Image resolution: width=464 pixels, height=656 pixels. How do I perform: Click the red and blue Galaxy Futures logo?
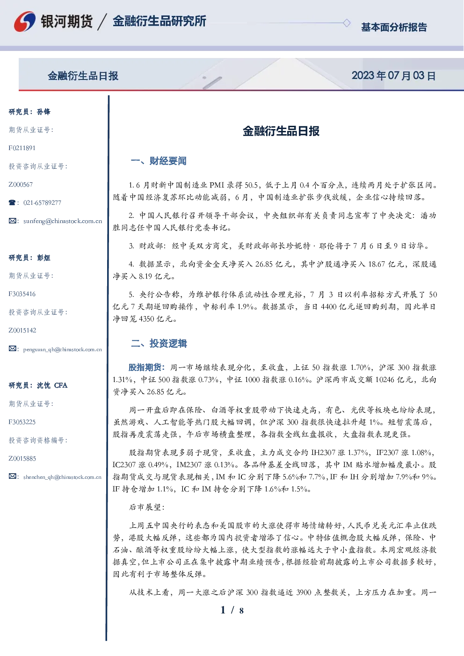(x=25, y=22)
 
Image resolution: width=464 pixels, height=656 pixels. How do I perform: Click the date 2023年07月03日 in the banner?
(x=393, y=76)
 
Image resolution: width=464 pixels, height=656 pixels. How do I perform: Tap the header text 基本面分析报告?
(x=394, y=27)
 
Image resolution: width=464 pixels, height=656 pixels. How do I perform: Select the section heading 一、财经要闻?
(x=159, y=161)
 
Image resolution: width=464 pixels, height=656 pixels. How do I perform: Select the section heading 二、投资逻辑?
(x=159, y=343)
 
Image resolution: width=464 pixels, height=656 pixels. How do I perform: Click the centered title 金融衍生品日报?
(x=281, y=131)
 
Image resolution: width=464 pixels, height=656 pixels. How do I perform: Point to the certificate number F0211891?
(x=22, y=148)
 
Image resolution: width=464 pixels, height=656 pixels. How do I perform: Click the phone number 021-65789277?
(x=42, y=202)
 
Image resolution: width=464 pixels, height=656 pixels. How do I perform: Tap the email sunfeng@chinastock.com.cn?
(x=63, y=221)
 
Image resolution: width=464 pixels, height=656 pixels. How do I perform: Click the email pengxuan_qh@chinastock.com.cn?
(x=62, y=349)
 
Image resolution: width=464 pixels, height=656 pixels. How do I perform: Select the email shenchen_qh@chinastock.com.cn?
(x=62, y=477)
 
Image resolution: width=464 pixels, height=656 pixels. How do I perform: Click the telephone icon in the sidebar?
(x=12, y=202)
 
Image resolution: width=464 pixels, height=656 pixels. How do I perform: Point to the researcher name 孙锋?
(x=43, y=112)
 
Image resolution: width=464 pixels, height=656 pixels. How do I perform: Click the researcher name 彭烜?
(x=43, y=258)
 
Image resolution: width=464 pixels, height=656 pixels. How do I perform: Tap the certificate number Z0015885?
(x=22, y=459)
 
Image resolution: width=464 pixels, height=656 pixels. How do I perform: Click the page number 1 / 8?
(x=232, y=610)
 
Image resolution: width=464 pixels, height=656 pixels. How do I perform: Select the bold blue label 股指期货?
(x=145, y=367)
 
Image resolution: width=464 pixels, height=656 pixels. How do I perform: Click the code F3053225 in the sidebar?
(x=22, y=422)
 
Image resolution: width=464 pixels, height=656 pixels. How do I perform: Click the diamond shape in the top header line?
(x=347, y=23)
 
